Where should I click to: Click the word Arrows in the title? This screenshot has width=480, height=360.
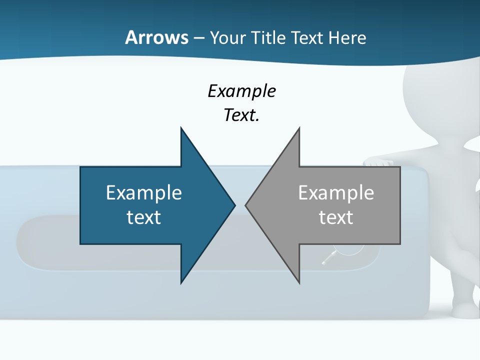click(156, 37)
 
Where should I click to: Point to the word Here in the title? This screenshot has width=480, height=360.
click(347, 37)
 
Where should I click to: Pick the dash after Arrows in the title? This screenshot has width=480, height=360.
click(199, 38)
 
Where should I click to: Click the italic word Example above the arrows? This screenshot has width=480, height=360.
click(241, 91)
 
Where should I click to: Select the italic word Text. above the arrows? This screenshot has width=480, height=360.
click(241, 115)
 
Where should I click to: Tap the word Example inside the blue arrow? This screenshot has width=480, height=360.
click(144, 192)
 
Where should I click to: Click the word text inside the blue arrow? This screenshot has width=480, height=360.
click(144, 217)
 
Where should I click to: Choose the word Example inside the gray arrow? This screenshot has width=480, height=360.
click(336, 192)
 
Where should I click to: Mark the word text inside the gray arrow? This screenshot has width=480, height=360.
click(336, 217)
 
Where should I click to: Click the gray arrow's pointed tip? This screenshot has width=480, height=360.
click(246, 205)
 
